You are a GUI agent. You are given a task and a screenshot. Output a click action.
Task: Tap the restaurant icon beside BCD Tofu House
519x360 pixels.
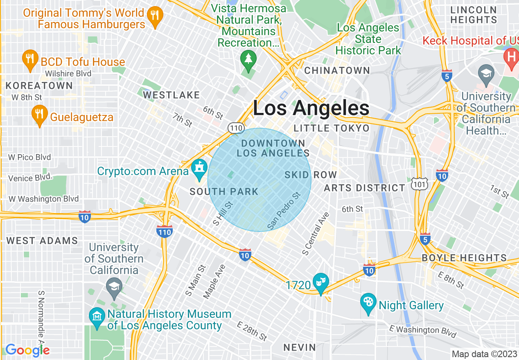coord(30,59)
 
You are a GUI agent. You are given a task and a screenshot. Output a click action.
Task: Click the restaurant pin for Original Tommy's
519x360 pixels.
coord(155,16)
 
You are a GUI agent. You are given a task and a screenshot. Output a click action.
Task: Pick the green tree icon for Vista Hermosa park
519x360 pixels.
coord(248,59)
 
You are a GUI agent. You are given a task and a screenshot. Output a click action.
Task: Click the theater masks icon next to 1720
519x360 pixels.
coord(321,282)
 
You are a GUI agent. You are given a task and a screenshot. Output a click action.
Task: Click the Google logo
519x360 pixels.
coord(27,350)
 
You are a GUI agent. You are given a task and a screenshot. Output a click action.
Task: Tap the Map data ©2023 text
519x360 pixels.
coord(484,353)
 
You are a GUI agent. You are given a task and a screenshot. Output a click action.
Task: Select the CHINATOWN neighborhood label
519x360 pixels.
coord(337,70)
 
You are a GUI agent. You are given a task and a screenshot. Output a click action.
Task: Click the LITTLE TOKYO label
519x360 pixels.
coord(332,128)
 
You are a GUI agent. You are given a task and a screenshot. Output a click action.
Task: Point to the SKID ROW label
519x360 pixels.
coord(311,175)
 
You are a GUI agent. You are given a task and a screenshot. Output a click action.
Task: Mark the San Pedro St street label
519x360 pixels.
coord(284,211)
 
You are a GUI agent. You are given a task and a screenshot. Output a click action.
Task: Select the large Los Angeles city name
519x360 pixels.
coord(311,108)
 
